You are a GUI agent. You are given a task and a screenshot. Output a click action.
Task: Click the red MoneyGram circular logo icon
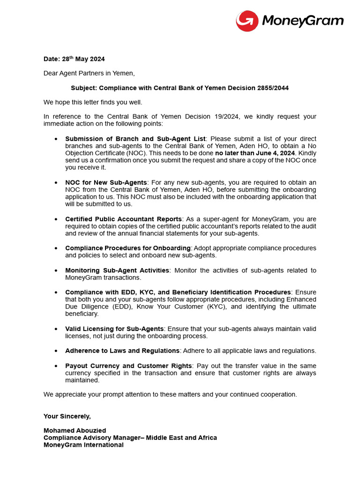247,21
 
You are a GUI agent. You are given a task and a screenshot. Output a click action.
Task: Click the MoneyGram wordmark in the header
302,21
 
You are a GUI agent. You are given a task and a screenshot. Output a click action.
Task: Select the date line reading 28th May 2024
74,59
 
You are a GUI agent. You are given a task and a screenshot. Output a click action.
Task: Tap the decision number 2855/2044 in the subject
276,88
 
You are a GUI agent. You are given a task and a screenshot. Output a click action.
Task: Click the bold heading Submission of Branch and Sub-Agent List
135,139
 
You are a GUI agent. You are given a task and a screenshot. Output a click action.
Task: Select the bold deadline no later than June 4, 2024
255,153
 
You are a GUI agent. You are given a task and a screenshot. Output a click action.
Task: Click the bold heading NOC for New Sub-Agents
106,182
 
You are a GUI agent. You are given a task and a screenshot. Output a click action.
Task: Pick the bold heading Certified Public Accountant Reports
123,219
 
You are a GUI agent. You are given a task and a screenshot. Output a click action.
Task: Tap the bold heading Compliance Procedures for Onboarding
127,248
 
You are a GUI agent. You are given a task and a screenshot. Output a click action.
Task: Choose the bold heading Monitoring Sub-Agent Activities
117,270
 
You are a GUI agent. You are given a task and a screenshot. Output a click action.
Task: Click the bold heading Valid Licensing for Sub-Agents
114,329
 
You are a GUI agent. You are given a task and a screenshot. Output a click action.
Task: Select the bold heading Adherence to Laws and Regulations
122,351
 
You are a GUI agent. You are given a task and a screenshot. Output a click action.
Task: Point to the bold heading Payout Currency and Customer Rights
128,366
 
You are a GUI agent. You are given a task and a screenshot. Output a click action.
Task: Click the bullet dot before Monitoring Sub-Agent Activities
56,271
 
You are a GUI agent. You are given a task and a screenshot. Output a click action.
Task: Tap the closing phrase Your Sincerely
67,416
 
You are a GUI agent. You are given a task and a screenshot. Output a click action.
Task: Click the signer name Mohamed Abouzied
75,430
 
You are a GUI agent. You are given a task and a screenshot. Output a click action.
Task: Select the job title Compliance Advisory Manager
93,438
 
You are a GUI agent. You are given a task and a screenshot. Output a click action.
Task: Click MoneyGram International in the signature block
83,445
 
